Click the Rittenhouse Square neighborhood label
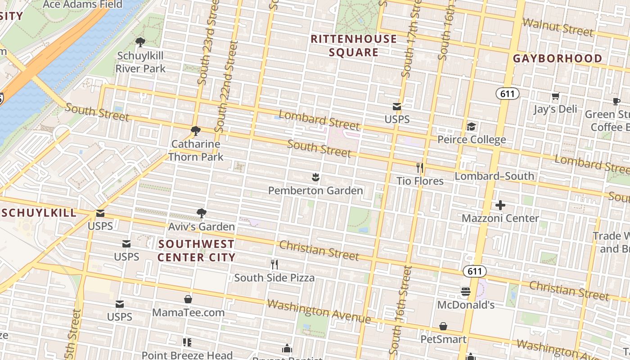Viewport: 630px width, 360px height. [x=354, y=45]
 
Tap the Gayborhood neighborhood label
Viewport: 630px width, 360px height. [x=558, y=58]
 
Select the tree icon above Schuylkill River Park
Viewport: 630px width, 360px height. [x=140, y=42]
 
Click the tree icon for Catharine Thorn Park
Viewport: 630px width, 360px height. [x=195, y=131]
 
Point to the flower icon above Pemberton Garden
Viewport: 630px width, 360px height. [x=315, y=177]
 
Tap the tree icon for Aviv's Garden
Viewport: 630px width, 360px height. [x=202, y=213]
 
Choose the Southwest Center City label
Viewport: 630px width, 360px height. [x=196, y=251]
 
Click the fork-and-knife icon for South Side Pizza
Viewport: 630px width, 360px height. [x=274, y=264]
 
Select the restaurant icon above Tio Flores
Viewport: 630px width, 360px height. [x=420, y=168]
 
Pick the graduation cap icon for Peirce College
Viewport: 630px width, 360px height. [x=471, y=126]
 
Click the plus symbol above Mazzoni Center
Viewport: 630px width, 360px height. [x=500, y=205]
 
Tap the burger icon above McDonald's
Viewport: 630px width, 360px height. [x=466, y=292]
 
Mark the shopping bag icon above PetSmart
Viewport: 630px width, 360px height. [x=443, y=326]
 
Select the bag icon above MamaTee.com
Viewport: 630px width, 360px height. [x=188, y=299]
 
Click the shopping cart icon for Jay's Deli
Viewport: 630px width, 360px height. [x=556, y=96]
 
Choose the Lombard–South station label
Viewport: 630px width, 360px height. [x=494, y=176]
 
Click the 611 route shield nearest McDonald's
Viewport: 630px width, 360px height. [x=474, y=271]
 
